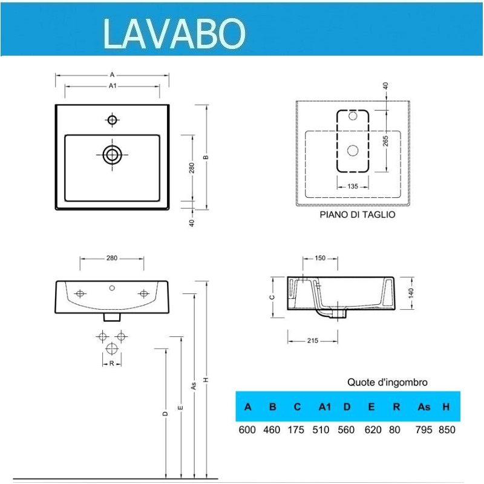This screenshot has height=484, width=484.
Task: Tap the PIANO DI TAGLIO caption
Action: [357, 215]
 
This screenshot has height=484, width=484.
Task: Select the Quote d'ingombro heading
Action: [387, 382]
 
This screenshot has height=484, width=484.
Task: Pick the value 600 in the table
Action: [247, 430]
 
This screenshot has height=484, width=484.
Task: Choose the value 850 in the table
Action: [446, 430]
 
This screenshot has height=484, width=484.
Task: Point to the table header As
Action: [423, 407]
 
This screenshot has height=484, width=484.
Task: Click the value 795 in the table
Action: [423, 430]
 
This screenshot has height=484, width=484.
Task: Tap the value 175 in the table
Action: [297, 430]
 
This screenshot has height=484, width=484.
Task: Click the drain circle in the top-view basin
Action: [112, 154]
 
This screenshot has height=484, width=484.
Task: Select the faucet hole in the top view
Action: [112, 120]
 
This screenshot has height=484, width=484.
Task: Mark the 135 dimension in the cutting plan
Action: [353, 186]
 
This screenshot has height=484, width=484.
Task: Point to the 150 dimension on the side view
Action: [320, 259]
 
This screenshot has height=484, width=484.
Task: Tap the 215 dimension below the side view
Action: [312, 341]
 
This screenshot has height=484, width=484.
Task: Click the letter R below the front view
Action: [112, 363]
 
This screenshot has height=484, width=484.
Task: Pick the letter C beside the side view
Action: [273, 296]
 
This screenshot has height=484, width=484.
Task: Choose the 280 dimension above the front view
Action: [112, 258]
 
